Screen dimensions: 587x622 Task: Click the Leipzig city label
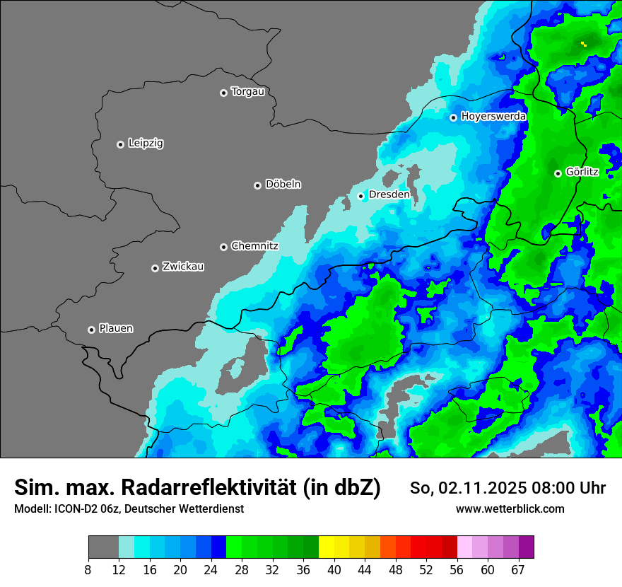[146, 144]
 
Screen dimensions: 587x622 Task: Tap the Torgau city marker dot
[223, 93]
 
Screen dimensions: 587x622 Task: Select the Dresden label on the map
[389, 194]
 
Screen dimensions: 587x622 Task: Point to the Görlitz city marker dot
[558, 173]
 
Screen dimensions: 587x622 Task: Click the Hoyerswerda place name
[493, 117]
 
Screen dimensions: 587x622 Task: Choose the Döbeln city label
[283, 185]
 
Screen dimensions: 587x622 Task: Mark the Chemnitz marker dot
[223, 247]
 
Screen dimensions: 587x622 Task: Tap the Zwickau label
[183, 267]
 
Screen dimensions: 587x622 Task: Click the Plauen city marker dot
[91, 330]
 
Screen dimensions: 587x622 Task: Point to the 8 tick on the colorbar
[88, 569]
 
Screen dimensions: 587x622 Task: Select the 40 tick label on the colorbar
[334, 569]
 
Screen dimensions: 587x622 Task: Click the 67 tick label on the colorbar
[518, 569]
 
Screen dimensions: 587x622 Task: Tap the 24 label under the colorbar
[211, 569]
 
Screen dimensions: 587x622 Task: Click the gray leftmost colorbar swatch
[103, 547]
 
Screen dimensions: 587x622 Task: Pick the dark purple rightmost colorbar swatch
[526, 547]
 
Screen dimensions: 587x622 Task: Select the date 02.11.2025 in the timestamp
[481, 488]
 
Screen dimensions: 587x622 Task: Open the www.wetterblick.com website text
[510, 508]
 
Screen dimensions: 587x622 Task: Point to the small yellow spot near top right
[584, 44]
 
